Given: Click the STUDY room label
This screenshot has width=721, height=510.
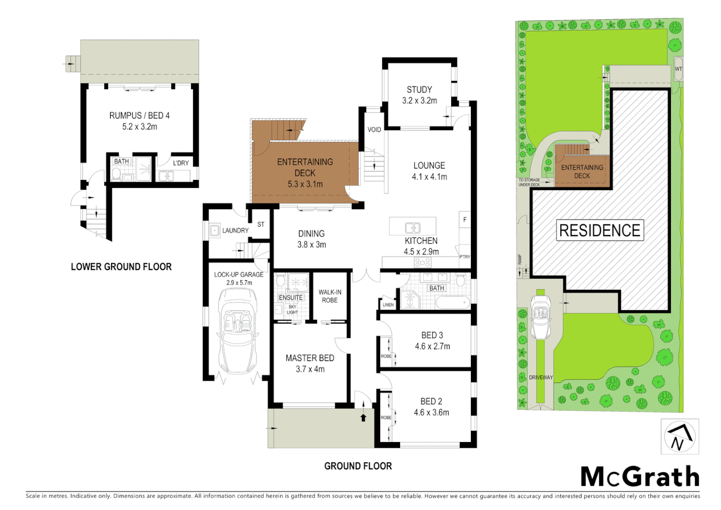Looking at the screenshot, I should point(419,90).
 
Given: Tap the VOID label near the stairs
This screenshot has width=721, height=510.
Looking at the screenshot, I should point(374,130).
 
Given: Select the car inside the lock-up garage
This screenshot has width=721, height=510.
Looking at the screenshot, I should point(239,331).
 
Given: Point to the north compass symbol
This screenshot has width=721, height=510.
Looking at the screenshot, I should point(679,437).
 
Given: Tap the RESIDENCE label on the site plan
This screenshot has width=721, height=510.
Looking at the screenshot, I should point(600,230).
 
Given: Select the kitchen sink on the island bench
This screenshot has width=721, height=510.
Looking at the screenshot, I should point(412,228).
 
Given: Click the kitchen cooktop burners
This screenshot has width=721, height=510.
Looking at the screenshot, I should point(422,263).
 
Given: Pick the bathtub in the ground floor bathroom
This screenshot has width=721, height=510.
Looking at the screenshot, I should point(452,302).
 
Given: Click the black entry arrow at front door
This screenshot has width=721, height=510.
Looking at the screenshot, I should point(363,417).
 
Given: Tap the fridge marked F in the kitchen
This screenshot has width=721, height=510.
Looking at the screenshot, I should point(465,220).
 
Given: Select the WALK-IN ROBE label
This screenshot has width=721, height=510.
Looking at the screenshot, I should point(330,296).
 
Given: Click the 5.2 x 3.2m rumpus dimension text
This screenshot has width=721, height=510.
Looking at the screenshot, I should point(140,127).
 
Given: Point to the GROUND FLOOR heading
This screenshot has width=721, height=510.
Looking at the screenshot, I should point(358,466).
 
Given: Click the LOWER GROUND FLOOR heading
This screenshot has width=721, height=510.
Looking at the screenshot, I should point(121,267).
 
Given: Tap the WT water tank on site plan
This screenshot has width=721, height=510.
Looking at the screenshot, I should point(678,69).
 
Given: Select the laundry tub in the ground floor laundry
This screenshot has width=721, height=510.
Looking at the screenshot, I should point(214,230).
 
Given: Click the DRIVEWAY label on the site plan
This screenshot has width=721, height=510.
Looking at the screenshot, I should point(541,377).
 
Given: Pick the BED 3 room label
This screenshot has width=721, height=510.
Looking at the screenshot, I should point(432,335).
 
